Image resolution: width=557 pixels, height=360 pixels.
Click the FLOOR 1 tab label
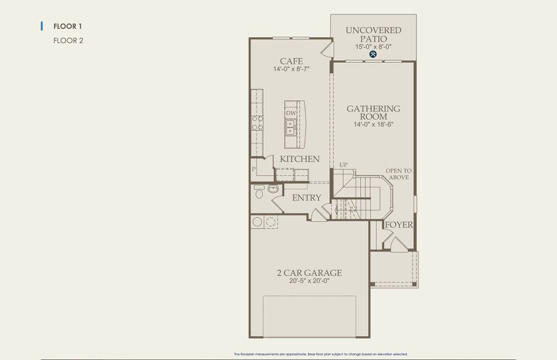coord(68,26)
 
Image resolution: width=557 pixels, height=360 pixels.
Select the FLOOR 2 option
coord(68,41)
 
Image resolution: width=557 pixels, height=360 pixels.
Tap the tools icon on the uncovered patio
coord(373,54)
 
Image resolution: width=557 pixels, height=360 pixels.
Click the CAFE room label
coord(291,61)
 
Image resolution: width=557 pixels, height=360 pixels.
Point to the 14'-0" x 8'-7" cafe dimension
coord(291,70)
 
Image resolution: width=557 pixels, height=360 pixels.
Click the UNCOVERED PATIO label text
coord(374,34)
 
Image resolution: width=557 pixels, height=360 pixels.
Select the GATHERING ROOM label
coord(373,113)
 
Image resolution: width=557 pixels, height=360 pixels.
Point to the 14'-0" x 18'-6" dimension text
coord(373,125)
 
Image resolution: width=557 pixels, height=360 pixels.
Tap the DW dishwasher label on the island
coord(291,113)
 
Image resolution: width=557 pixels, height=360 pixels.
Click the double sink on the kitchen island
coord(290,127)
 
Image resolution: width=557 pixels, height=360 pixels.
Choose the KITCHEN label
coord(300,159)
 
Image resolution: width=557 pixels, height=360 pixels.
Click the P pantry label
coord(254,170)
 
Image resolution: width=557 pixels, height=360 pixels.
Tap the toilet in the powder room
coord(259,191)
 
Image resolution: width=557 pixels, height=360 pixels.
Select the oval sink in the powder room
coord(273,189)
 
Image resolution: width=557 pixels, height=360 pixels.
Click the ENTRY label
coord(306,197)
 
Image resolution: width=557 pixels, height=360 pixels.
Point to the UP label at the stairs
coord(344,164)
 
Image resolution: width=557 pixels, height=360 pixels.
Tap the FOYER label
coord(399,225)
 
